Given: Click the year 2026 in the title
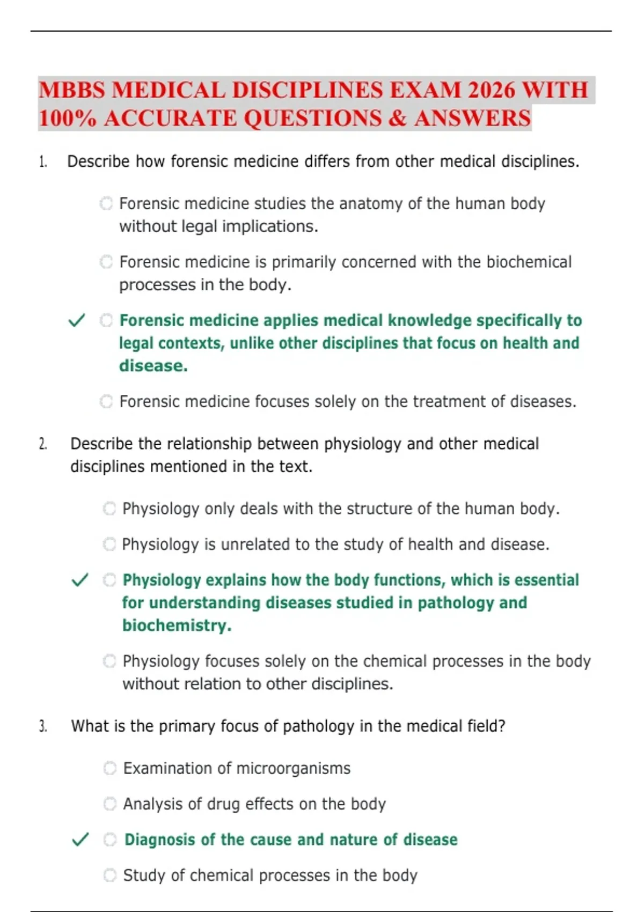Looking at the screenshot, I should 491,90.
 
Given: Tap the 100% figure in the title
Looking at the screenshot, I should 68,119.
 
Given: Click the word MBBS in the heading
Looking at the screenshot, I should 72,90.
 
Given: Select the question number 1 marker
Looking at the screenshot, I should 43,161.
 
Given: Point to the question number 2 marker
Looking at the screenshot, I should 43,444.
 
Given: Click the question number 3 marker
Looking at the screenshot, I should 43,726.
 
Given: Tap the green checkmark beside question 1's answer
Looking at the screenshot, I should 77,321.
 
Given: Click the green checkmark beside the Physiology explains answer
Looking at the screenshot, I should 80,580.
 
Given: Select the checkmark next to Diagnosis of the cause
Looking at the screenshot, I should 80,840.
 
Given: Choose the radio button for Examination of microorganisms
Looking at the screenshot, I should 110,768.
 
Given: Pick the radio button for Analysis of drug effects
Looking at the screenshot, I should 110,804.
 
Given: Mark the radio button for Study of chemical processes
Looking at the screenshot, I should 110,876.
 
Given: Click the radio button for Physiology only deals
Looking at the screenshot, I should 109,509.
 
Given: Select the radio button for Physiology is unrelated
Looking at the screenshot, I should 109,544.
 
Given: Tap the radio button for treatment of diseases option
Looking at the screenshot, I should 106,401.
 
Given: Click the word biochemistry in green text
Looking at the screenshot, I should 177,626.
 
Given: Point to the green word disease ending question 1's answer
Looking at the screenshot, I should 153,366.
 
